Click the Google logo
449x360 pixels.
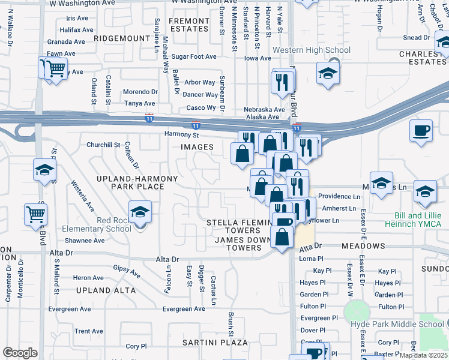point(20,352)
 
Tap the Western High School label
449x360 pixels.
point(311,50)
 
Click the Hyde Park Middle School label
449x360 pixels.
point(397,325)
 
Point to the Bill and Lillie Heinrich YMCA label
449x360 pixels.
point(417,220)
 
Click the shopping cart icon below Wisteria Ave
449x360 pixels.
point(35,214)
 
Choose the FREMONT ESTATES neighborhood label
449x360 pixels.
point(188,25)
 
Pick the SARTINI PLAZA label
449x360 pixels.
point(215,343)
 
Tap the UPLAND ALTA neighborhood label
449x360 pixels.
point(106,290)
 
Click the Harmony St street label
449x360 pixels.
point(181,134)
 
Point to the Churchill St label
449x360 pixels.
point(103,145)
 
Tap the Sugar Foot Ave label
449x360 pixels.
point(193,57)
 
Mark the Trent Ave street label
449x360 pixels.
point(89,331)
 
